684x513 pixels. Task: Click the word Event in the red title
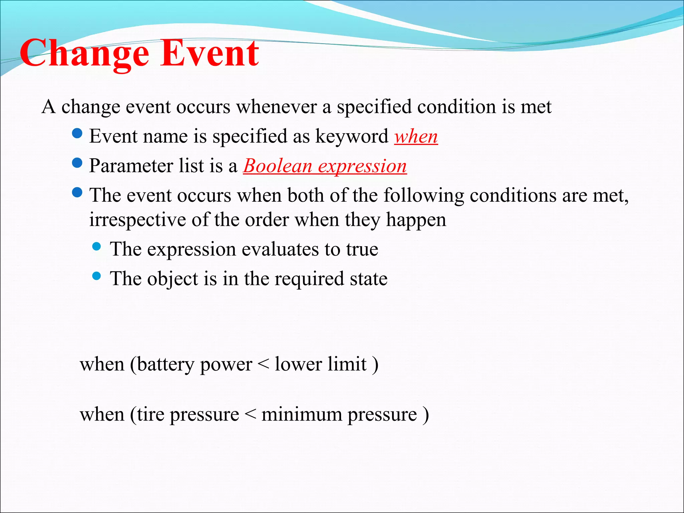pyautogui.click(x=210, y=53)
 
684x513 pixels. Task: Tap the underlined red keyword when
pyautogui.click(x=416, y=137)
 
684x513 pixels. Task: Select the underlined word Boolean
pyautogui.click(x=278, y=166)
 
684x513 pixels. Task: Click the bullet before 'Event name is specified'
pyautogui.click(x=77, y=134)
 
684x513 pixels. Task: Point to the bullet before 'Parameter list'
pyautogui.click(x=77, y=163)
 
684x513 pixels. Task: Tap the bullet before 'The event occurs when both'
pyautogui.click(x=77, y=192)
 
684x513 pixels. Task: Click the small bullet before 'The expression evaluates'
pyautogui.click(x=97, y=247)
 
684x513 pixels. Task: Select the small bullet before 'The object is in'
pyautogui.click(x=97, y=276)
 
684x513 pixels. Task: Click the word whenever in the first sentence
pyautogui.click(x=277, y=107)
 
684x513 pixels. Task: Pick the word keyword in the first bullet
pyautogui.click(x=352, y=137)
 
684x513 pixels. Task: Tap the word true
pyautogui.click(x=362, y=249)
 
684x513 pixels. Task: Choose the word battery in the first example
pyautogui.click(x=166, y=365)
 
